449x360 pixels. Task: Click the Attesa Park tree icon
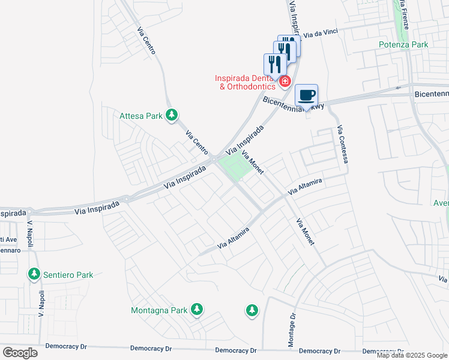pos(172,115)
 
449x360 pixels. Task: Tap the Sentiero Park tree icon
pos(34,274)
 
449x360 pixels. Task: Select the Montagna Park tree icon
pos(197,310)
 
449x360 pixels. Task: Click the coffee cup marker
pos(306,95)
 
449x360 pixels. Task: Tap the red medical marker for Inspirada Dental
pos(285,81)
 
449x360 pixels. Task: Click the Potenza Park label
pos(403,44)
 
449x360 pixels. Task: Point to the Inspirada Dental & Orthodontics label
pos(246,82)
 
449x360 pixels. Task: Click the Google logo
pos(20,353)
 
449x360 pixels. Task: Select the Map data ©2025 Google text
pos(412,355)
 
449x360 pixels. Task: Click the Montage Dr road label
pos(293,329)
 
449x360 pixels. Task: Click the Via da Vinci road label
pos(324,35)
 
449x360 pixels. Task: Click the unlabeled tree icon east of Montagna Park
pos(252,310)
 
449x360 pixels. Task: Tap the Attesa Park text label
pos(141,116)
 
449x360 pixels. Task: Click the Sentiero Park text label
pos(68,275)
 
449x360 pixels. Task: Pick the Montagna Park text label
pos(160,310)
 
